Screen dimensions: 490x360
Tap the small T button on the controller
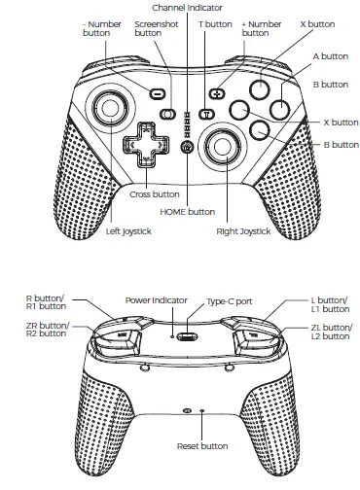[205, 114]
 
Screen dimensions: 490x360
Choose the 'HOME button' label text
[187, 211]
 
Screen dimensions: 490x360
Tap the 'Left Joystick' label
[135, 231]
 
